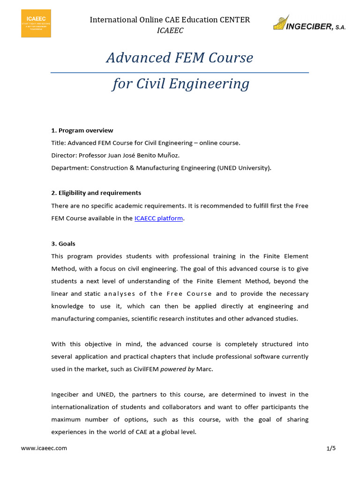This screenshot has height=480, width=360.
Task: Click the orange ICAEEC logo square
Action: (36, 23)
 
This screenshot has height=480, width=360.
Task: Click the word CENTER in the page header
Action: (235, 20)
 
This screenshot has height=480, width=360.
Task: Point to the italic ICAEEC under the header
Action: (170, 30)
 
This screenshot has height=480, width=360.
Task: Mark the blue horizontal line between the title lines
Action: (180, 73)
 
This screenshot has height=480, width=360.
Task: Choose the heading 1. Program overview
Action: (82, 130)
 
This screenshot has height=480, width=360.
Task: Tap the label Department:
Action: (70, 168)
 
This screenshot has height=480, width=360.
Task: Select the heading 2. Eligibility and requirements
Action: (96, 193)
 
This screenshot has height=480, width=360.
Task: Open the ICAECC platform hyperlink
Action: (158, 218)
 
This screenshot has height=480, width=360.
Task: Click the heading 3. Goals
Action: (63, 244)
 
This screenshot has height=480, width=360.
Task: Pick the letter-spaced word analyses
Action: (119, 294)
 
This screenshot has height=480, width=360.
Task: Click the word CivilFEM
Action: (146, 369)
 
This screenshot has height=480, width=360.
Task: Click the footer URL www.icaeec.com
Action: (44, 448)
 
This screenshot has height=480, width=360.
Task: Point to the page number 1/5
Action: (331, 448)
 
